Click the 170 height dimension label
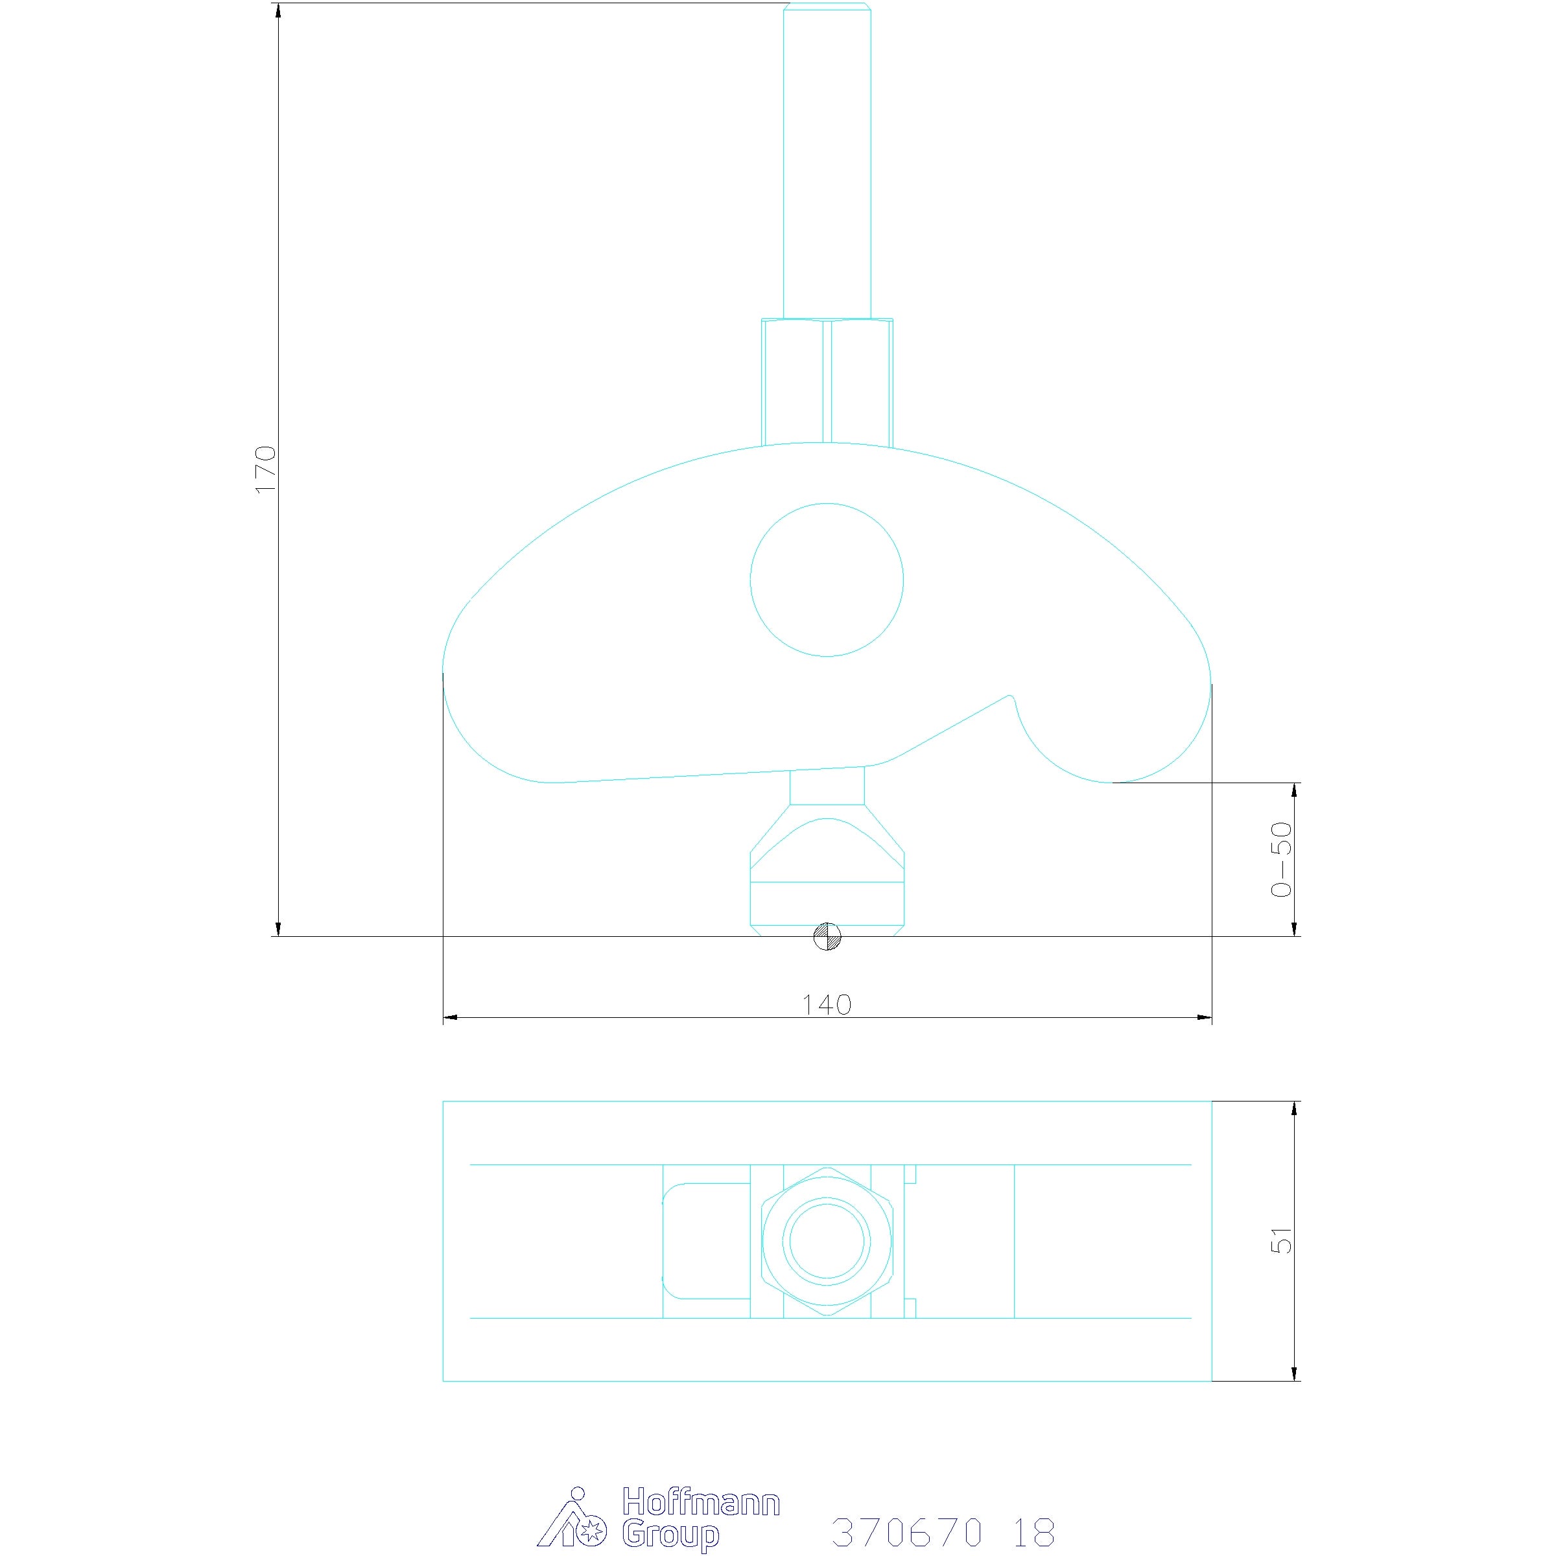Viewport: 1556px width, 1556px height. pos(265,469)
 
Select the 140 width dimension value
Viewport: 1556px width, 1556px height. pos(827,1004)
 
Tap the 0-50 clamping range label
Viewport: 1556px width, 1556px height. pos(1280,859)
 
